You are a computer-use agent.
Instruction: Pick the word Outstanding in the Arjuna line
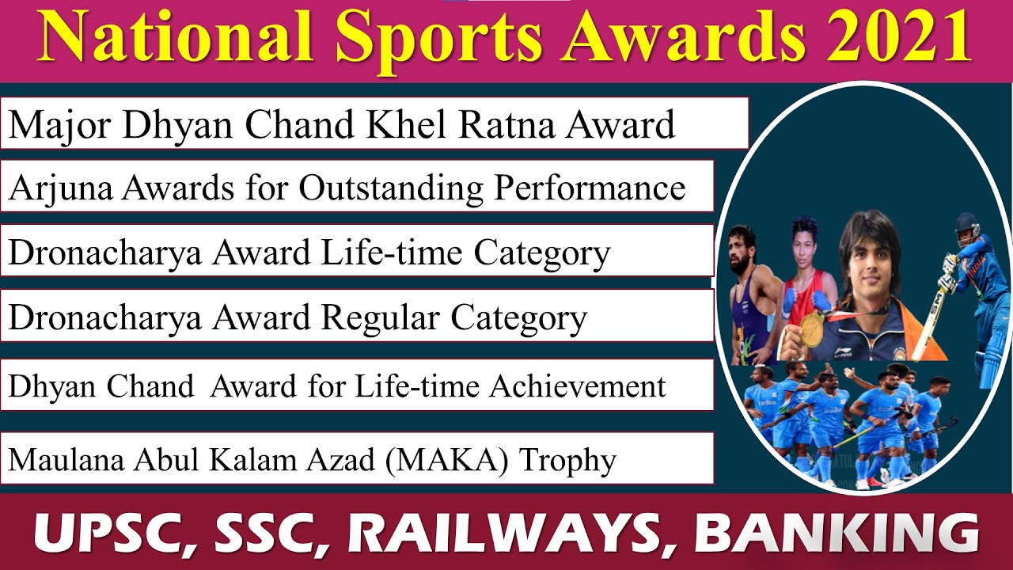tap(393, 188)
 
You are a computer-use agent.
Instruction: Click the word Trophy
tap(567, 461)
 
